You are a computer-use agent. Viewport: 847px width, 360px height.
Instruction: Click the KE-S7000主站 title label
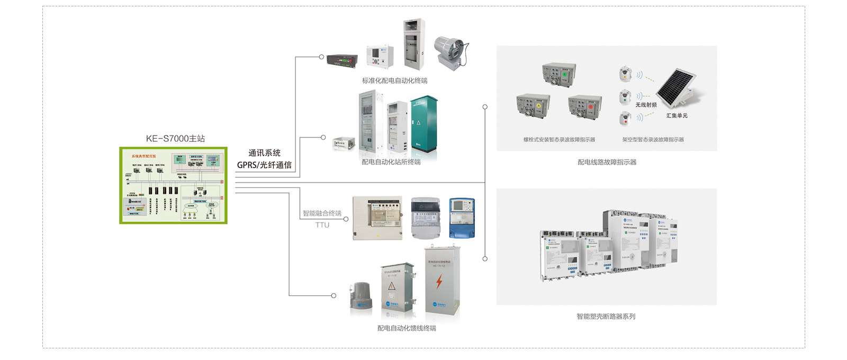[175, 139]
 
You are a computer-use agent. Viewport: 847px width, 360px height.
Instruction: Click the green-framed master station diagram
[173, 185]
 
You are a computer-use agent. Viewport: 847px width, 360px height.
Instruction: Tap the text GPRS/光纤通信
[264, 165]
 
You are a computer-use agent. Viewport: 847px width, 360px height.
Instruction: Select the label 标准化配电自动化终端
[394, 81]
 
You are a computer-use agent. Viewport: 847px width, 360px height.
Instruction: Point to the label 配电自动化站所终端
[391, 162]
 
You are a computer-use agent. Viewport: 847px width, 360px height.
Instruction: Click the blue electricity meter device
[462, 218]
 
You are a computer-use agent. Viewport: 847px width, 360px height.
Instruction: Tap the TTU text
[322, 225]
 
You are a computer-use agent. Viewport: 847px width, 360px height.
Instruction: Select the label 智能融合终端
[322, 213]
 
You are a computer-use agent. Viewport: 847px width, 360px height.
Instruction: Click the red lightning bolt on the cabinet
[439, 282]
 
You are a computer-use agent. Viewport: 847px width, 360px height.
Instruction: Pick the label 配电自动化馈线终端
[407, 328]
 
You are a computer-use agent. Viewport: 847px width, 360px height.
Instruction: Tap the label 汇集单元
[677, 115]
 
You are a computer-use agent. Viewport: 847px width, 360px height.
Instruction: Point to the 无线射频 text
[646, 105]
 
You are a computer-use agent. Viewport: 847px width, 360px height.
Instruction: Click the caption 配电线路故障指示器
[607, 163]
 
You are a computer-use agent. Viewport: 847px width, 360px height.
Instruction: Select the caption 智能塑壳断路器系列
[606, 317]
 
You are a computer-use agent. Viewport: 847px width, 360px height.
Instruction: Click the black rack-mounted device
[341, 61]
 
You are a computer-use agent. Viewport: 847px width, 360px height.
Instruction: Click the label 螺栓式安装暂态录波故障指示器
[559, 140]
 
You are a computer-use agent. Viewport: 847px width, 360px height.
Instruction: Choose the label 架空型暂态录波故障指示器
[653, 140]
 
